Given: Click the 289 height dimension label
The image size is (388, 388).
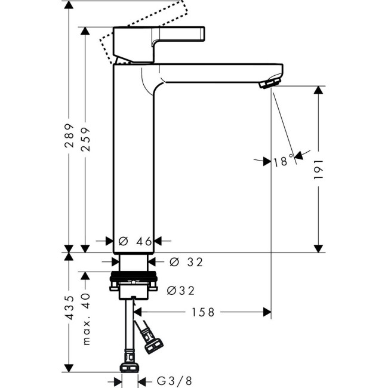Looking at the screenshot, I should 69,136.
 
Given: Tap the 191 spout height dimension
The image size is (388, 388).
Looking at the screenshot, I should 319,169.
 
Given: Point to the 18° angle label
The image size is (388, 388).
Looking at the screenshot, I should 283,161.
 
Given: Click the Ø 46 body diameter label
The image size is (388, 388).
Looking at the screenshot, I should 136,242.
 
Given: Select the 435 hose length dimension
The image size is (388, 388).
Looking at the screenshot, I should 69,307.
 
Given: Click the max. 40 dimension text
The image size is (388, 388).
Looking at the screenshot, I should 86,319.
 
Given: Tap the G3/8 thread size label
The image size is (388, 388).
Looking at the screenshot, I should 174,380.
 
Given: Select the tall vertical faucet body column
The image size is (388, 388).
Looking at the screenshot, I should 134,161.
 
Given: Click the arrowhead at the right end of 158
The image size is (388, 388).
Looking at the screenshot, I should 267,312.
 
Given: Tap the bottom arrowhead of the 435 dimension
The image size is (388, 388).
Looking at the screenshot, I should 69,367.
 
